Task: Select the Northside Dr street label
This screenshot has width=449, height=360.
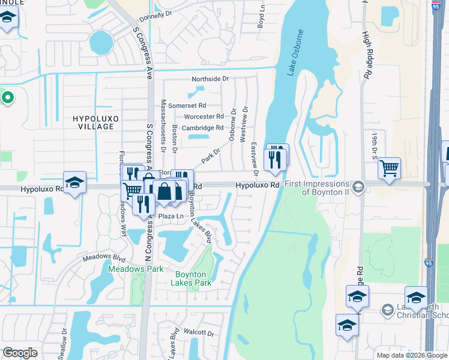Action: click(x=210, y=79)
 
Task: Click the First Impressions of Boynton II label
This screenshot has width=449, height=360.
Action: click(x=316, y=188)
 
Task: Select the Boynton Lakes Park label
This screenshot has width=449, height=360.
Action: click(x=191, y=278)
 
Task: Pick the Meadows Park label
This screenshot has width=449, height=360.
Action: click(x=136, y=269)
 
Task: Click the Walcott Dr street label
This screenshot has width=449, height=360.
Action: click(x=199, y=332)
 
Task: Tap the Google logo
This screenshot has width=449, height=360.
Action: click(x=20, y=353)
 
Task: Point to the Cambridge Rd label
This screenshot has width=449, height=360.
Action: click(x=203, y=128)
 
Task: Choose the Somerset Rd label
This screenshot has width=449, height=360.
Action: click(x=187, y=106)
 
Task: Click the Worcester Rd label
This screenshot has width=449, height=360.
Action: click(x=203, y=116)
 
